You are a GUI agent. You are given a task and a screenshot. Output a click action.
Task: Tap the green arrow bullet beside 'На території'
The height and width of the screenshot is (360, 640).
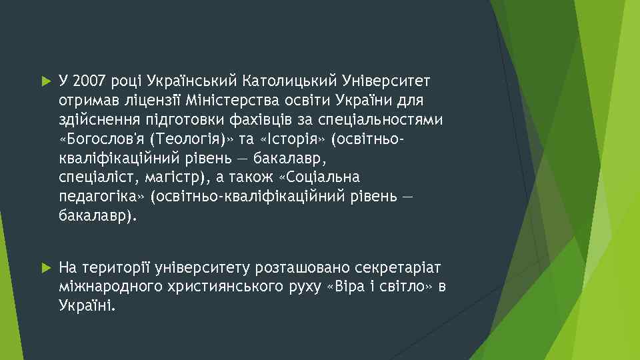pyautogui.click(x=45, y=267)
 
